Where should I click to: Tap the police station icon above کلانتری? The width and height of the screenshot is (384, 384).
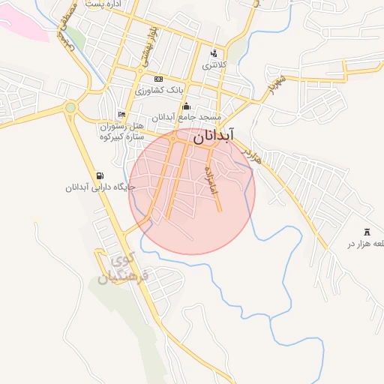click(214, 53)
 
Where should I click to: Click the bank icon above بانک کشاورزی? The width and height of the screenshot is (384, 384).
click(157, 79)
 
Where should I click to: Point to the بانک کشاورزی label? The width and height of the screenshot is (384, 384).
click(159, 91)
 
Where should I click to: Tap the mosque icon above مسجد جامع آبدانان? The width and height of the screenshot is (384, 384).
click(186, 106)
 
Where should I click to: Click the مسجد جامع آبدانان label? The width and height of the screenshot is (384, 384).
click(187, 118)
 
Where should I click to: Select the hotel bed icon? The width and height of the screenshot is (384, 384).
click(121, 114)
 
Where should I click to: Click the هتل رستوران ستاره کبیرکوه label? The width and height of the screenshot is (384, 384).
click(127, 131)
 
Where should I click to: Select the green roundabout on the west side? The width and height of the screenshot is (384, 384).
click(70, 107)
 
